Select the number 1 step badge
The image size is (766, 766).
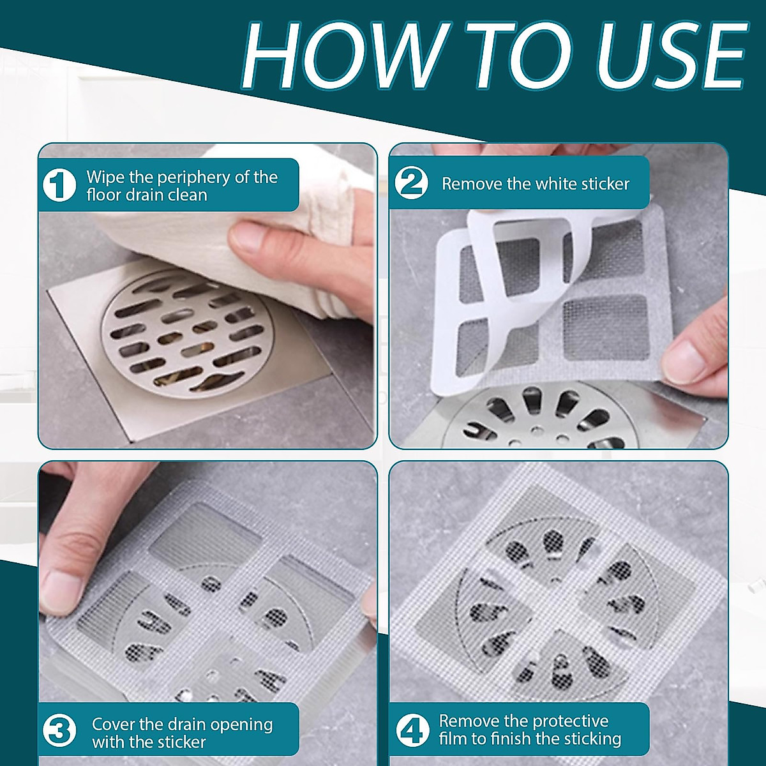(59, 185)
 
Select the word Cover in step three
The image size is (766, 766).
(113, 724)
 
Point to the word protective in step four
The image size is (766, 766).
(570, 721)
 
